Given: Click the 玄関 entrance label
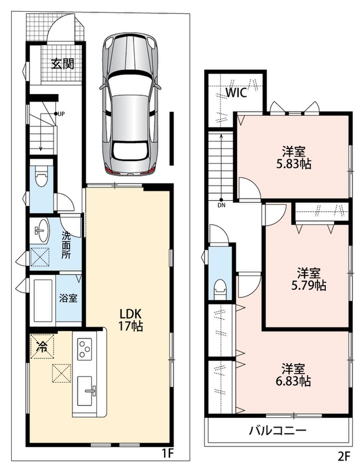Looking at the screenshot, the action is pos(62,64).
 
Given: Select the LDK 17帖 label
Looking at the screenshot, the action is pos(131,320).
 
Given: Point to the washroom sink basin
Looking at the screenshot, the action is pos(41,231).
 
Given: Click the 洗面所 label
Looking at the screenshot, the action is pos(66,245).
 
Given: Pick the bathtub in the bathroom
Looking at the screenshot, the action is pos(44,301).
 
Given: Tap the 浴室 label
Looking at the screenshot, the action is pos(68,298).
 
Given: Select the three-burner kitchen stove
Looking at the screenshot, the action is pos(85,349).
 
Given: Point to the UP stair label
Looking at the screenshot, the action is pos(61,114).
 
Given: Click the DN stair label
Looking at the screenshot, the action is pos(222,206).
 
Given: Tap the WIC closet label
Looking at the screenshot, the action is pos(236,93).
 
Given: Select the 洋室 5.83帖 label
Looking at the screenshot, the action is pos(293,157).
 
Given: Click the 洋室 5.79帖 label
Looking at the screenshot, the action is pos(309,279).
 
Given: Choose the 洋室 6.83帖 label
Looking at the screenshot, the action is pos(293,375).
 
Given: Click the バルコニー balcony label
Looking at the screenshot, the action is pos(278,431).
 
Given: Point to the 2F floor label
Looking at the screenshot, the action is pos(344,456).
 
